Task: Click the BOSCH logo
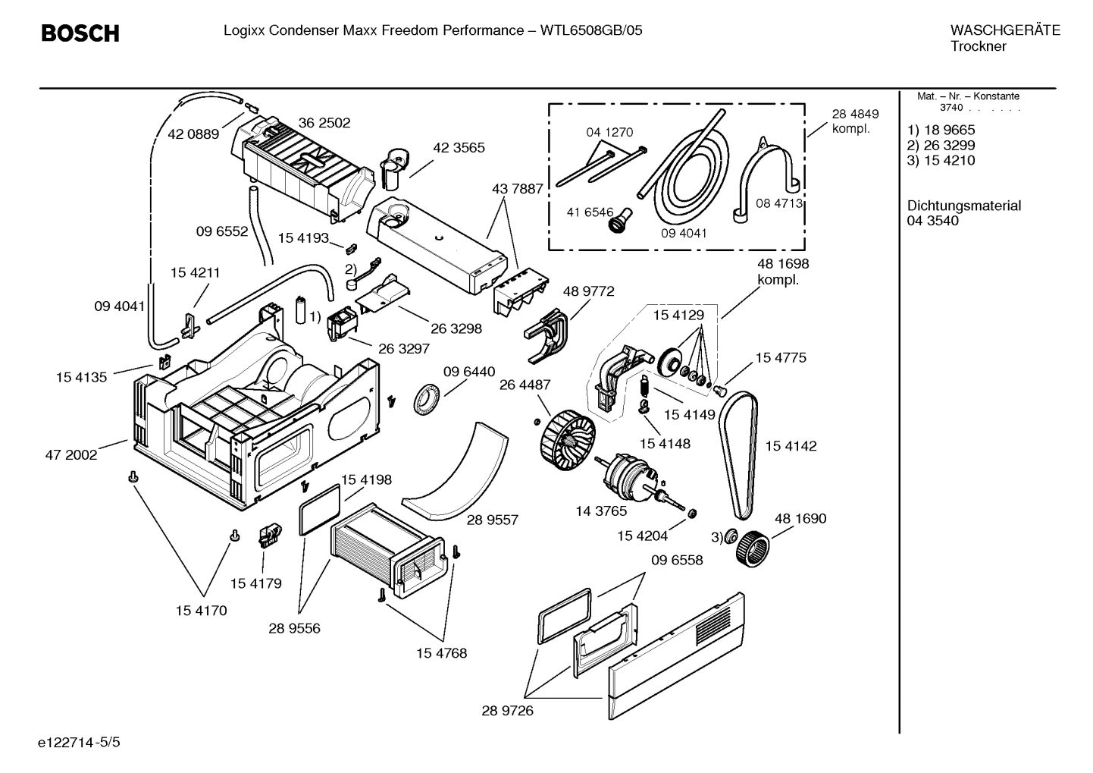[80, 33]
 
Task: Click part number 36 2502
[324, 123]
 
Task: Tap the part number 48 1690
[800, 519]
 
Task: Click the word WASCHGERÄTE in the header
[1004, 30]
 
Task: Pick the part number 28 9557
[492, 520]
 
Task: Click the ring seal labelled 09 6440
[427, 399]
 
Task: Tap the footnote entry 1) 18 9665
[941, 130]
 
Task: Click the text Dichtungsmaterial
[963, 206]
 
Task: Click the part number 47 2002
[71, 455]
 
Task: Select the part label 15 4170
[202, 610]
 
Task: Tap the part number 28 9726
[507, 711]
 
